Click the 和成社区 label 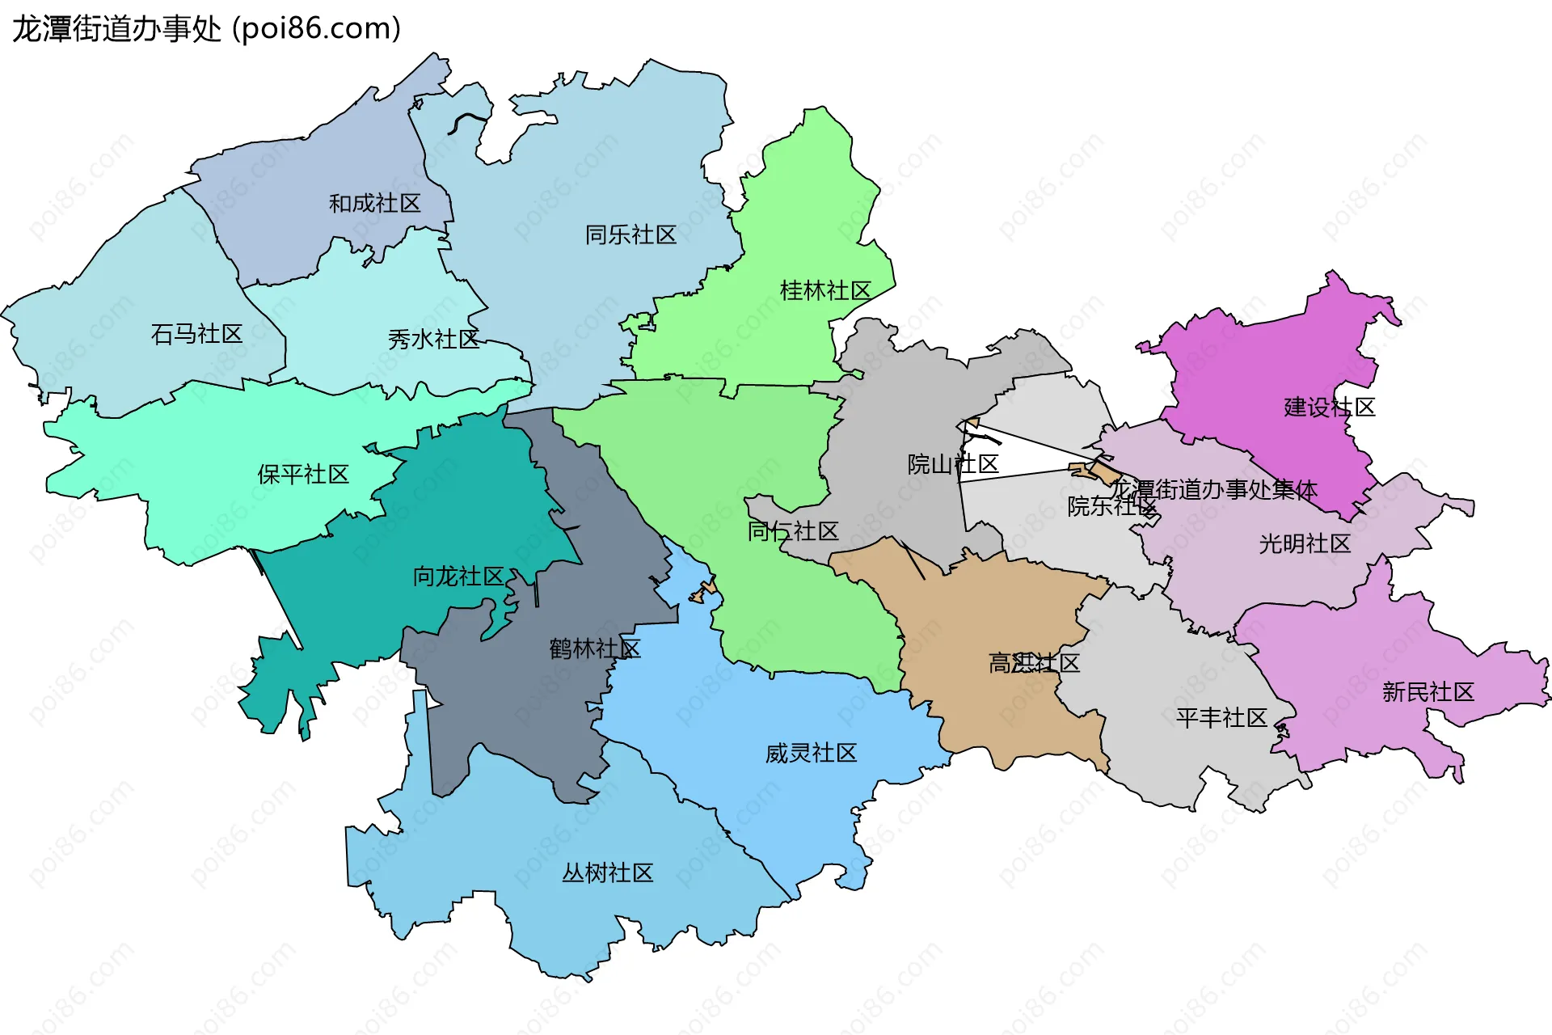[x=374, y=204]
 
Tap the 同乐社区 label [x=630, y=235]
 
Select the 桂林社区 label [x=824, y=291]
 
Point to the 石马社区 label [x=196, y=334]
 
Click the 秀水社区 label [x=433, y=340]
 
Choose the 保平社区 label [x=303, y=475]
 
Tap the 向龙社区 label [x=458, y=577]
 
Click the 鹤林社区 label [x=595, y=648]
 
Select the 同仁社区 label [x=792, y=531]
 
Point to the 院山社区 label [x=953, y=465]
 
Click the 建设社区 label [x=1329, y=408]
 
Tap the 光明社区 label [x=1305, y=544]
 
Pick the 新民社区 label [x=1428, y=692]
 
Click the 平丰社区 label [x=1221, y=718]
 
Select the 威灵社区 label [x=811, y=754]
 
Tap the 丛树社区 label [x=607, y=873]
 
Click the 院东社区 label [x=1112, y=507]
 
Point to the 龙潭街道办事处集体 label [x=1212, y=490]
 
